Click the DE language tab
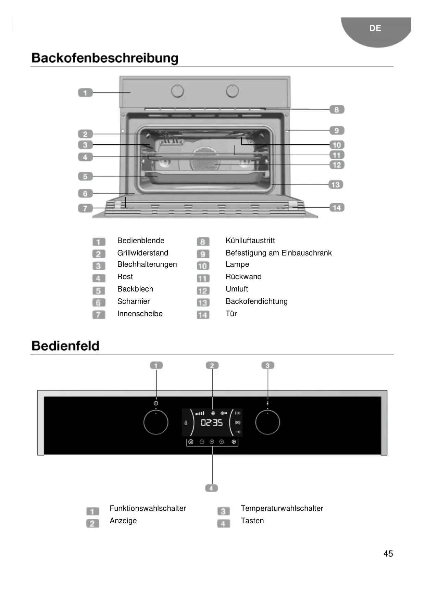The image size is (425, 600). tap(375, 28)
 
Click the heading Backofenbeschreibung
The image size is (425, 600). tap(105, 58)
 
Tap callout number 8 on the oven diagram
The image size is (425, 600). tap(337, 109)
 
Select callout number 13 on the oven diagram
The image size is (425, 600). tap(336, 185)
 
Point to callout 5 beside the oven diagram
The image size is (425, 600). tap(85, 177)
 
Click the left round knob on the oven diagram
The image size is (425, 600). tap(177, 91)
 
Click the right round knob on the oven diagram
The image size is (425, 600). tap(232, 91)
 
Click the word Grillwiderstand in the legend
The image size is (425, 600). tap(142, 253)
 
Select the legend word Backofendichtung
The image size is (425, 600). tap(257, 301)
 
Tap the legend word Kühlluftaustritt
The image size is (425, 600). tap(250, 240)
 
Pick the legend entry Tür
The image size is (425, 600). tap(231, 314)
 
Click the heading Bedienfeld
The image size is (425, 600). tap(65, 346)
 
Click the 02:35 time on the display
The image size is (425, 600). tap(212, 423)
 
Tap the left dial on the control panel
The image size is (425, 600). tap(156, 422)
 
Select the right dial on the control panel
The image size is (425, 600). tap(267, 422)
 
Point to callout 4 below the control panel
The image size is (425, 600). tap(211, 488)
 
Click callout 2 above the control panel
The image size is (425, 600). tap(212, 366)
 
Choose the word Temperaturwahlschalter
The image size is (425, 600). tap(282, 508)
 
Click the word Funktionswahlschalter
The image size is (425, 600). tap(148, 508)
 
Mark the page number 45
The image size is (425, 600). tap(388, 553)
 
